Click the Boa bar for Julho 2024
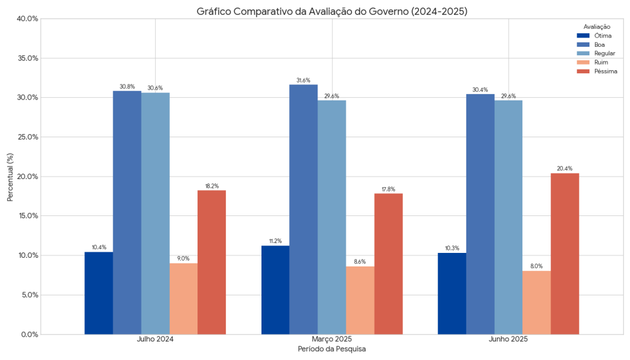(127, 212)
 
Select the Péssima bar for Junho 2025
(565, 254)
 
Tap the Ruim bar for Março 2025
(360, 300)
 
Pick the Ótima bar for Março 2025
(275, 290)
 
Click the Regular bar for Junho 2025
(508, 217)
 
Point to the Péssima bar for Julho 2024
(212, 262)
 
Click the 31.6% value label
(303, 81)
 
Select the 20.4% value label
(565, 169)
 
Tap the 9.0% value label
(183, 259)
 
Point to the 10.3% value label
(452, 249)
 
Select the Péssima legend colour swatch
(583, 71)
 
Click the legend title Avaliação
(597, 26)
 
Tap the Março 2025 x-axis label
(332, 339)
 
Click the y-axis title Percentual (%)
(10, 177)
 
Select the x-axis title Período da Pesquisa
(332, 349)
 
